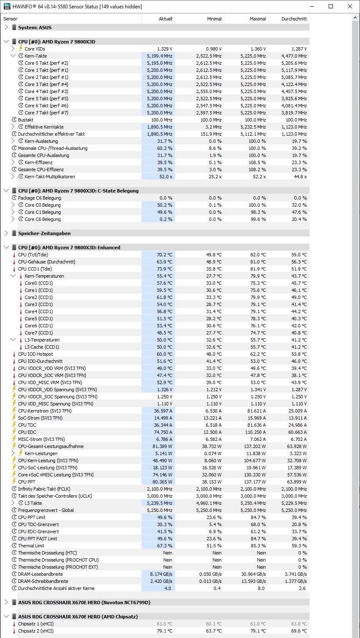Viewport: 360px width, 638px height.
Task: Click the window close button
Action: (x=350, y=6)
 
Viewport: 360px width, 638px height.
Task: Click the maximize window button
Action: (x=331, y=6)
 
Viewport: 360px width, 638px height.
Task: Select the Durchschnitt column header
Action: (x=294, y=19)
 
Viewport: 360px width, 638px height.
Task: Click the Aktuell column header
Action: (x=165, y=19)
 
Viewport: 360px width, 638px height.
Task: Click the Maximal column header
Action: (x=258, y=19)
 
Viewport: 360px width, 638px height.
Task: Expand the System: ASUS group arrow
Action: (x=6, y=28)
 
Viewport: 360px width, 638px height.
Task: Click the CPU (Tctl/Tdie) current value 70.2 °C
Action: (x=164, y=255)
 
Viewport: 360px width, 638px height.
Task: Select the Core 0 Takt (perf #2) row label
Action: (x=46, y=63)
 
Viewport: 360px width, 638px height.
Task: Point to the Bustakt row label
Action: (x=25, y=120)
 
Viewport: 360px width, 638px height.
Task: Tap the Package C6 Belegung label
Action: (x=39, y=198)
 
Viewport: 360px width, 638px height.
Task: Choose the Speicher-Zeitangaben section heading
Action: (x=44, y=233)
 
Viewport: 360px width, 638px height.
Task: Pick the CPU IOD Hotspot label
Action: (x=35, y=354)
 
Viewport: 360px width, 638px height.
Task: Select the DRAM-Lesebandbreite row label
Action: (x=40, y=574)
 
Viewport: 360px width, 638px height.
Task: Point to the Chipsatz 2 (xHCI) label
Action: (x=35, y=631)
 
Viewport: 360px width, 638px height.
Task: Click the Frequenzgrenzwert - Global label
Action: (x=46, y=510)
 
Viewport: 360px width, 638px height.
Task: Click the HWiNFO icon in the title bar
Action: (x=7, y=6)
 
